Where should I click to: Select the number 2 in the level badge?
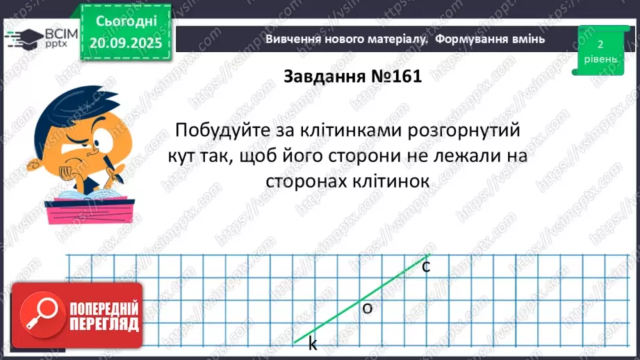(x=600, y=44)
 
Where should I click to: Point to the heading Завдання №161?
(x=352, y=76)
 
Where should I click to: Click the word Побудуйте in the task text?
(x=217, y=130)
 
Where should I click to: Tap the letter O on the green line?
(x=368, y=309)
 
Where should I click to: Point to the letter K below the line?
(x=313, y=344)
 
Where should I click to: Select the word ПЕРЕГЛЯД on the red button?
(x=104, y=325)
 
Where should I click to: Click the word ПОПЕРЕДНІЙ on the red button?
(x=104, y=309)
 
